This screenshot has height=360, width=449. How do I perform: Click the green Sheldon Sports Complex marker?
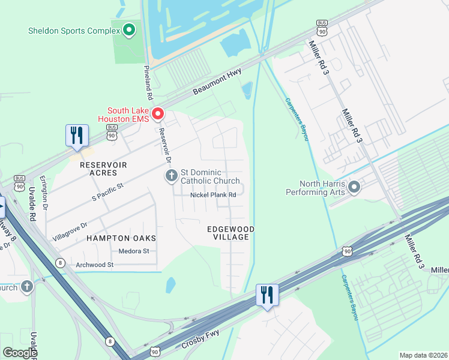pos(128,30)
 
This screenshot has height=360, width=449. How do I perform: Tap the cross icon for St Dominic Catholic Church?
pos(171,176)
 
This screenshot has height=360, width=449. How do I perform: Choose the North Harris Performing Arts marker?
pos(354,188)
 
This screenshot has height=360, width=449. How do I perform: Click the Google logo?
pos(20,353)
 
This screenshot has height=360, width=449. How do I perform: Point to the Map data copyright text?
pos(423,355)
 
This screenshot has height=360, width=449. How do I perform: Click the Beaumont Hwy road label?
pos(217,82)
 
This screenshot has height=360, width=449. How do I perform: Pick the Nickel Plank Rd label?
pos(213,195)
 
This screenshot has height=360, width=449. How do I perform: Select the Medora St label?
pos(133,251)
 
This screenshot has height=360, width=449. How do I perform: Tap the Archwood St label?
pos(94,265)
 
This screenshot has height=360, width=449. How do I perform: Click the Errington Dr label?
pos(43,192)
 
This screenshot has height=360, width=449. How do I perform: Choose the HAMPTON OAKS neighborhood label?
pos(121,238)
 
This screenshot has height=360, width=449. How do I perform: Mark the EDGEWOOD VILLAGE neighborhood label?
pos(231,233)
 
